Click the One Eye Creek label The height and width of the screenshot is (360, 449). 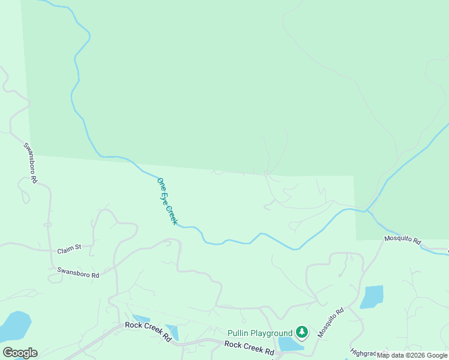coord(167,201)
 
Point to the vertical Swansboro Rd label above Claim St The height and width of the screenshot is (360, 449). coord(31,163)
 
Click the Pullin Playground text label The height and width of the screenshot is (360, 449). coord(260,333)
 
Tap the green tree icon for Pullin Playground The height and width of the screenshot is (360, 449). coord(301,332)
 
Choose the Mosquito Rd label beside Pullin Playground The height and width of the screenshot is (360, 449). coord(331,322)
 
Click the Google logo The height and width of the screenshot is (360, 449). coord(20,353)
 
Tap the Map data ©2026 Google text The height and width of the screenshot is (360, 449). coord(412,355)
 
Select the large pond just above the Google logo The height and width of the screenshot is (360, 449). coord(15,325)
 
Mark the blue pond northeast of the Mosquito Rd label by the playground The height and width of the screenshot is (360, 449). coord(372,297)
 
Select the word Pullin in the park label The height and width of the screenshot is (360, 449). coord(238,333)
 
